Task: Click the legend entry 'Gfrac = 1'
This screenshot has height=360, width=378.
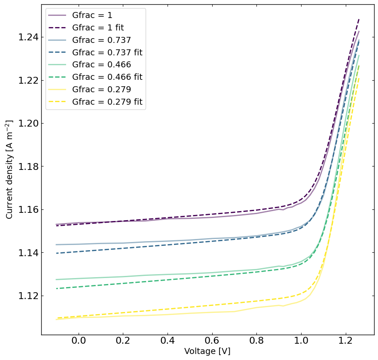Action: [x=92, y=15]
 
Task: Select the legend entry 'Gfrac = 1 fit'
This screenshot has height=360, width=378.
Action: [x=98, y=28]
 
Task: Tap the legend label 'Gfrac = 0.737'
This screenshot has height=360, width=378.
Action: [x=101, y=40]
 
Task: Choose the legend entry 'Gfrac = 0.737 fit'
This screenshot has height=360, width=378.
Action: [x=107, y=53]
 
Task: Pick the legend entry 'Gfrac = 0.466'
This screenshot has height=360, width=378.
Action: [x=101, y=65]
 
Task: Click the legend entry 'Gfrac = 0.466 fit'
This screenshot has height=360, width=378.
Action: [x=107, y=77]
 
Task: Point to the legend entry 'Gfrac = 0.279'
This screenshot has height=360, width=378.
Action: [x=101, y=90]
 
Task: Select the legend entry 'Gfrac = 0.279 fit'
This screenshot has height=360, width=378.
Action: [x=107, y=102]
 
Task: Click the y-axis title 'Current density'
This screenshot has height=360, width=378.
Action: [x=9, y=169]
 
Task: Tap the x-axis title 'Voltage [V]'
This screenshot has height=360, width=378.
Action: [x=207, y=351]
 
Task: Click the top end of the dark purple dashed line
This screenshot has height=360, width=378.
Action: [x=359, y=18]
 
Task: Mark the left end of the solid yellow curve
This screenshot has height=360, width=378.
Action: [x=56, y=319]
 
